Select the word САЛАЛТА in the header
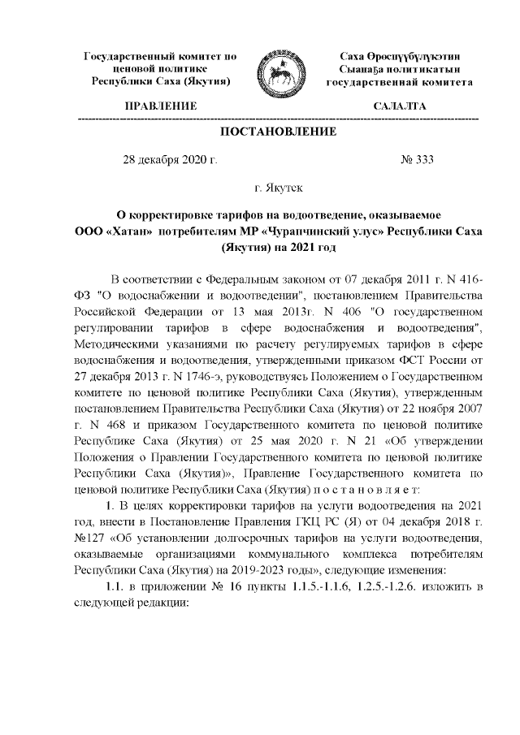tap(399, 107)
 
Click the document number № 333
tap(417, 159)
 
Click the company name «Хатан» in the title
tap(128, 231)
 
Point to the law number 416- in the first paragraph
tap(469, 280)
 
